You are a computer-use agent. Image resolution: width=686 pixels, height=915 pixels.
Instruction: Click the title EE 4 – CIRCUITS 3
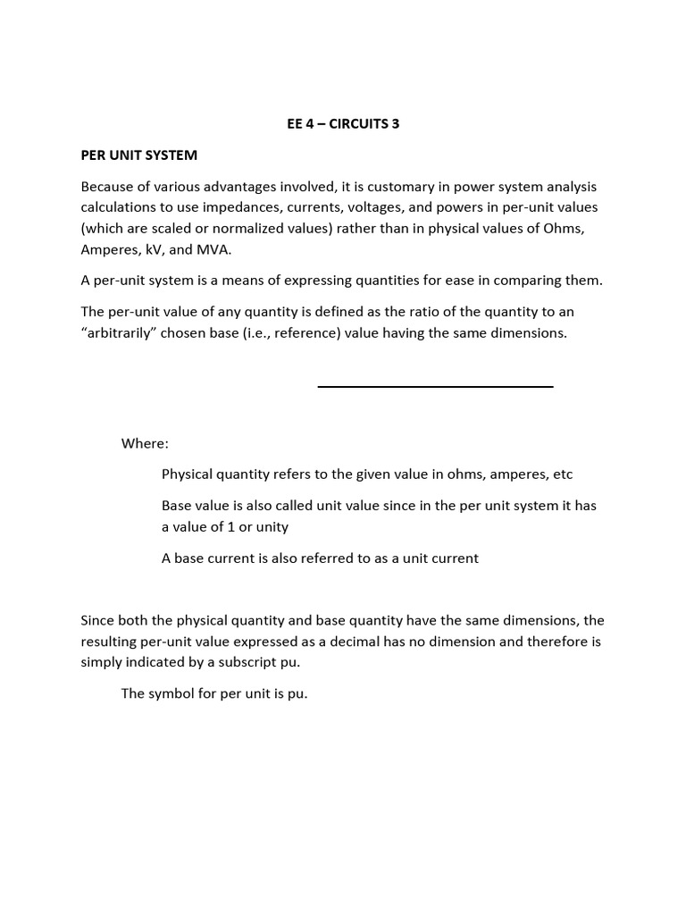(343, 124)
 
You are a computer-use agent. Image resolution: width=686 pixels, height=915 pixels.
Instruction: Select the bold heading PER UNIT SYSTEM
(138, 155)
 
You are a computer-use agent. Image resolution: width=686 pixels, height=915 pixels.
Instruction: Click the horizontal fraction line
(435, 386)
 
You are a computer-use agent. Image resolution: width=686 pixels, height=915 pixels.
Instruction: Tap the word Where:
(145, 443)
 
